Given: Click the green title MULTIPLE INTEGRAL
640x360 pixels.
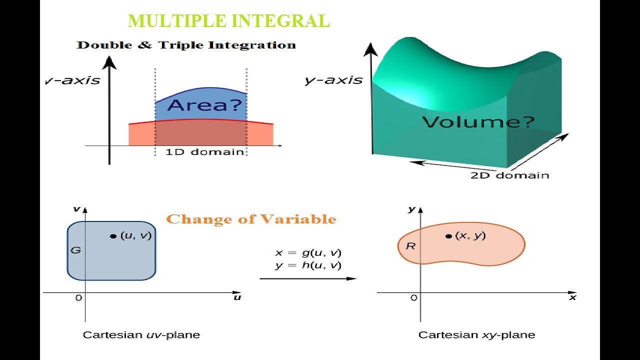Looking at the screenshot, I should tap(228, 21).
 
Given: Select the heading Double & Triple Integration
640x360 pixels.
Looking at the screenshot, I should tap(186, 45).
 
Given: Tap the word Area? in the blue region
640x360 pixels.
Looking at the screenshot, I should tap(204, 105).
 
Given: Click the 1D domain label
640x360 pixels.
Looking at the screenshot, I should tap(204, 152).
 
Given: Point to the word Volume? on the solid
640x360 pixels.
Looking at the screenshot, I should tap(478, 121).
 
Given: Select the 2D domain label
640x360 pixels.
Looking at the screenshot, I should tap(509, 175).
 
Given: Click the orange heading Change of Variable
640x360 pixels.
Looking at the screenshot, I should tap(251, 219).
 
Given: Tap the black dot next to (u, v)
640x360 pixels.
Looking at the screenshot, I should tap(113, 236).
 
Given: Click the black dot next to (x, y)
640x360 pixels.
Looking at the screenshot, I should tap(448, 236).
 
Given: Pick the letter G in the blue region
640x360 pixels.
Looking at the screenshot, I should tap(75, 250).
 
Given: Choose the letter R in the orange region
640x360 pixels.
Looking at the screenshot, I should tap(410, 246).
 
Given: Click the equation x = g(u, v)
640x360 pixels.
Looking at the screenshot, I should tap(308, 253).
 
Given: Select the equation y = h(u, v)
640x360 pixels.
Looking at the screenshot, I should tap(308, 265).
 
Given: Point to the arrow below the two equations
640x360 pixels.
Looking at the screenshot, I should tap(308, 278).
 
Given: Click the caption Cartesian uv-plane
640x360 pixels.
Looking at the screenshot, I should tap(141, 335).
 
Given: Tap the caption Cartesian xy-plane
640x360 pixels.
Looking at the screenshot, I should tap(476, 335).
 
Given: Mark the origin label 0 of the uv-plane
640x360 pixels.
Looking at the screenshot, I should tap(78, 298).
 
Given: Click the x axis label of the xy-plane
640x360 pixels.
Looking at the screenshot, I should tap(572, 297).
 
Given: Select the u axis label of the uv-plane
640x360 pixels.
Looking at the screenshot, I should tap(237, 297).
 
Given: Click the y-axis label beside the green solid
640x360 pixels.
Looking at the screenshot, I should tap(333, 80).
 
